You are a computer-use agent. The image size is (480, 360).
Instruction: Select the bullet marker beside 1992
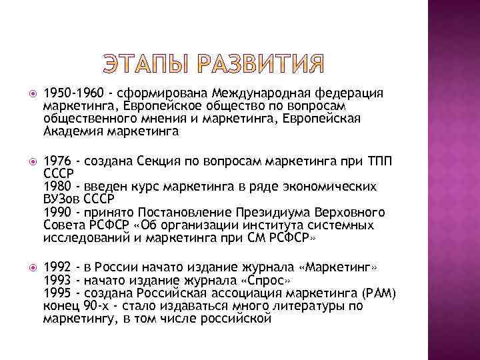pos(27,267)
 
